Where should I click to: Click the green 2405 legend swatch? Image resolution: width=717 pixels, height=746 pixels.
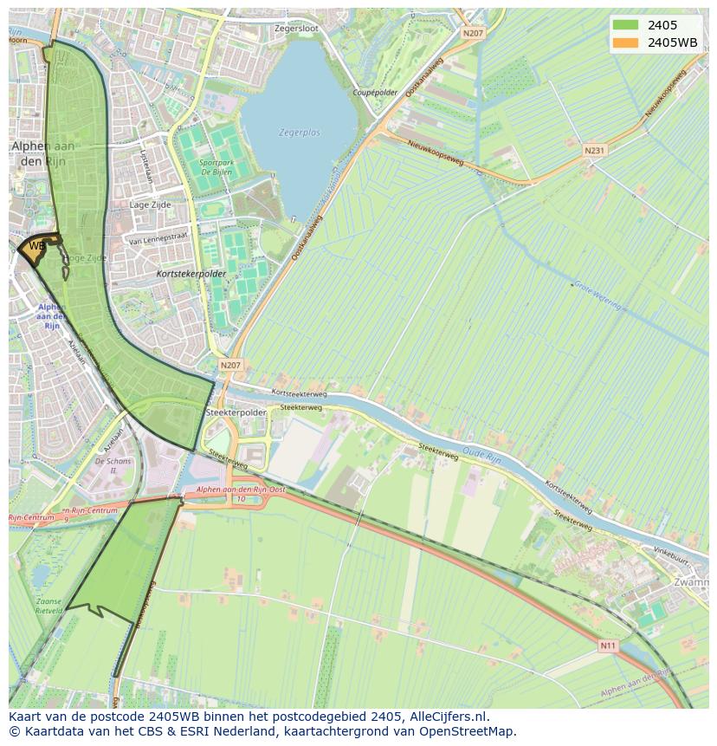[x=624, y=25]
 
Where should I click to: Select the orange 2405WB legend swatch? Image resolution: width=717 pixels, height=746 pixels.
[x=624, y=42]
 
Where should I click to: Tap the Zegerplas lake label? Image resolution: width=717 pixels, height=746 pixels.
[x=300, y=133]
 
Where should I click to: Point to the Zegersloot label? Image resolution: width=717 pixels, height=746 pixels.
[x=296, y=29]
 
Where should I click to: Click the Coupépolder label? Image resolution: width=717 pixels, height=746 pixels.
[x=375, y=92]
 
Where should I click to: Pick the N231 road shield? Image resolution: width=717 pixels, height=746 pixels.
[x=594, y=150]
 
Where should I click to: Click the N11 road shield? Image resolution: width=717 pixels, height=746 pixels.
[x=610, y=645]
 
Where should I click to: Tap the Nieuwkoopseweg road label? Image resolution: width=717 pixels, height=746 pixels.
[x=436, y=153]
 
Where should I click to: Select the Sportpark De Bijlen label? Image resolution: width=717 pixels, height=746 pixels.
[x=217, y=166]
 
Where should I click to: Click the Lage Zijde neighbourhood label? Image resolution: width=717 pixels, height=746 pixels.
[x=150, y=205]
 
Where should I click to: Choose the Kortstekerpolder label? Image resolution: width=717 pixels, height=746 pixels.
[x=191, y=274]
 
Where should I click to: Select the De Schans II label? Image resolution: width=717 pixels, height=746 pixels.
[x=113, y=466]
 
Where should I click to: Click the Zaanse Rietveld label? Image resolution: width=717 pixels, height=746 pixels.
[x=48, y=605]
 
